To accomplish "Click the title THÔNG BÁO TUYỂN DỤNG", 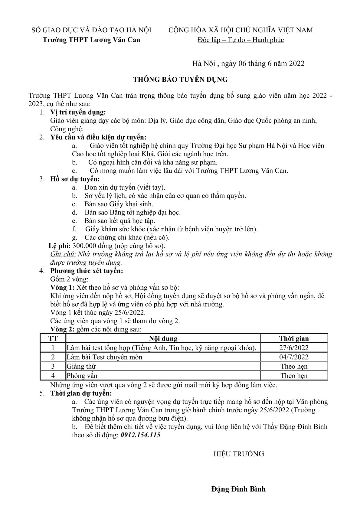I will (180, 80).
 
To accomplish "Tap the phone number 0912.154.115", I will (141, 435).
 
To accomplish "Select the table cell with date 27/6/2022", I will (294, 348).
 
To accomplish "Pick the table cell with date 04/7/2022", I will (294, 357).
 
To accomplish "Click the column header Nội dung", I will (163, 338).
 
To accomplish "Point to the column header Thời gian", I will (294, 338).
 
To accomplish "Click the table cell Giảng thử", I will (81, 367).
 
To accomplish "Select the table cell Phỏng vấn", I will (82, 376).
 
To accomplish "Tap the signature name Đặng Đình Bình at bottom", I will (238, 489).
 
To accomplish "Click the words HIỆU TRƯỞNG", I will (239, 454).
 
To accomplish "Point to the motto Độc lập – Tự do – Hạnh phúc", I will (241, 40).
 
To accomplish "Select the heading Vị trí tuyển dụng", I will (78, 113).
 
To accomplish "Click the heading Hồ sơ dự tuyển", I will (75, 179).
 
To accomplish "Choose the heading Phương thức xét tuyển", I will (87, 271).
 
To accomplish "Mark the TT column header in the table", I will (53, 338).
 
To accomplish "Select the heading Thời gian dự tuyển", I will (81, 393).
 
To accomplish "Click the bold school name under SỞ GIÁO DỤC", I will (91, 40).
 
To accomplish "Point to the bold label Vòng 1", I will (62, 287).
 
